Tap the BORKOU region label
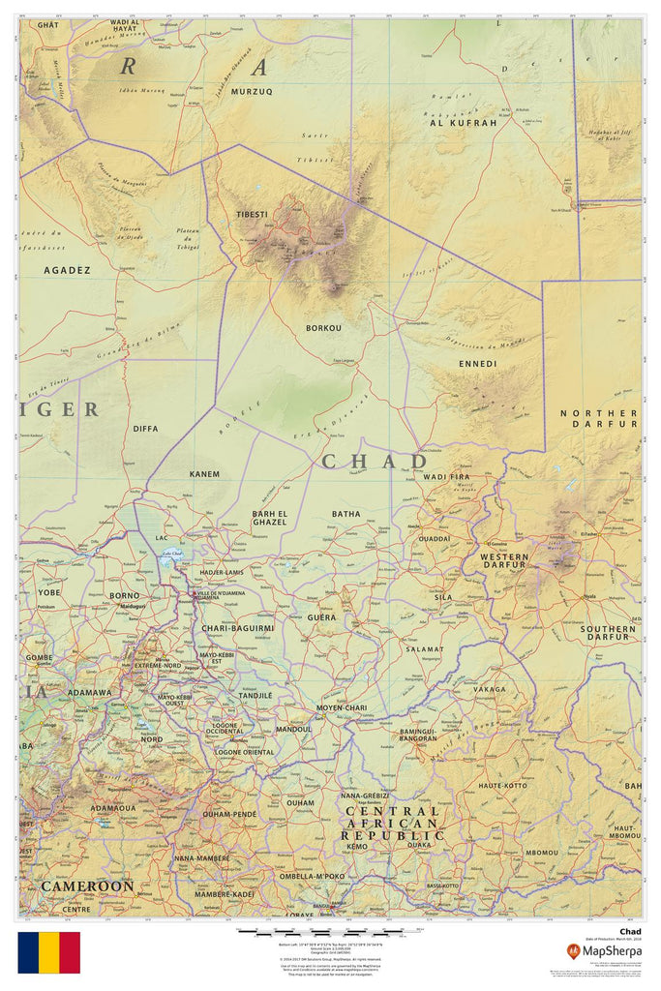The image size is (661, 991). tap(323, 328)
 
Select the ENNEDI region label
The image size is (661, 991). tap(477, 364)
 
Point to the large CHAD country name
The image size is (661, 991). tap(374, 462)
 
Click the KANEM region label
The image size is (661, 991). tap(204, 474)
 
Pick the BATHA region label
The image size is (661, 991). tap(346, 514)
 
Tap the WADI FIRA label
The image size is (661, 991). tap(446, 477)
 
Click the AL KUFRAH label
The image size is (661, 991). tap(462, 124)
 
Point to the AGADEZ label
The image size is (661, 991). tap(67, 270)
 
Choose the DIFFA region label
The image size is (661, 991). tap(145, 428)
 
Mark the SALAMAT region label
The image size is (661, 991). tap(424, 649)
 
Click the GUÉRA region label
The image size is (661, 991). tap(321, 616)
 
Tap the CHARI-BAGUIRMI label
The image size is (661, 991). tap(238, 628)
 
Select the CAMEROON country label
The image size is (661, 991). tap(87, 886)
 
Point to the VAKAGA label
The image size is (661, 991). tap(489, 689)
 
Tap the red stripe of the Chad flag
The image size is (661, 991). tap(70, 952)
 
